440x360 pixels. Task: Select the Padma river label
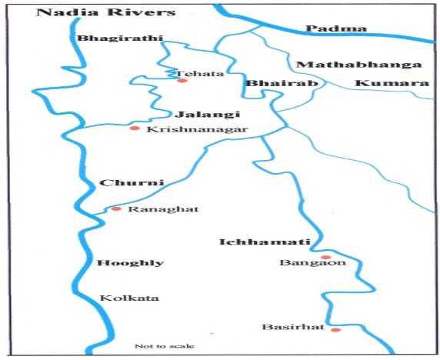[325, 29]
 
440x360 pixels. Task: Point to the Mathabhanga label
[358, 65]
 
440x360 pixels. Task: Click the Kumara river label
[391, 82]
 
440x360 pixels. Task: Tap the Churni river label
[122, 183]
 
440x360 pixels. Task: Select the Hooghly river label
[130, 262]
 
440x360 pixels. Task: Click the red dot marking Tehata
[182, 80]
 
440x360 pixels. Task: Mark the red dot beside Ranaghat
[116, 208]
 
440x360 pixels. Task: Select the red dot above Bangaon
[325, 258]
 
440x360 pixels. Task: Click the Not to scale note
[165, 346]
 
